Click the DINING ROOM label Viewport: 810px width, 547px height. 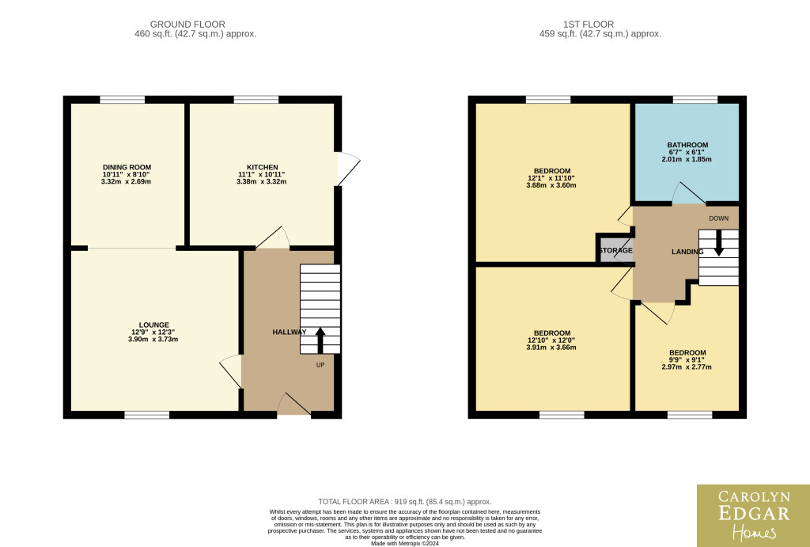(127, 167)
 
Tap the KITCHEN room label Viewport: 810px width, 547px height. (263, 167)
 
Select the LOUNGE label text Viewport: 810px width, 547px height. (154, 325)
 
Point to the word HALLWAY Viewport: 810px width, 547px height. (290, 332)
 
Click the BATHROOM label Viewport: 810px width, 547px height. (687, 146)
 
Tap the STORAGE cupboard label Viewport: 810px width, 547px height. (615, 250)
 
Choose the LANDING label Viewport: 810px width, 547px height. (687, 252)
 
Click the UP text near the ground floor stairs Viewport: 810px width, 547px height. (320, 365)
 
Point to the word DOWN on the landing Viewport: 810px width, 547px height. (718, 218)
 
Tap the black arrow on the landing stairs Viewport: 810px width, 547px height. (718, 243)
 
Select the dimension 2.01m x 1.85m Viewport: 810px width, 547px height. (687, 159)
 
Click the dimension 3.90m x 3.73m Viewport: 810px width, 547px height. (153, 339)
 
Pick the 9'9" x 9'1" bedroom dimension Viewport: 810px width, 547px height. (687, 360)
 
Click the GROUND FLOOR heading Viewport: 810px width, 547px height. (187, 25)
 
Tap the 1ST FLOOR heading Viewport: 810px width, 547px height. (589, 25)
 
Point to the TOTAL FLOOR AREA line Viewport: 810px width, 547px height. (404, 502)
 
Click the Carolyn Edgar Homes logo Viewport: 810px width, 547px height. (753, 515)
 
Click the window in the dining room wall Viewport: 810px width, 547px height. (123, 99)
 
